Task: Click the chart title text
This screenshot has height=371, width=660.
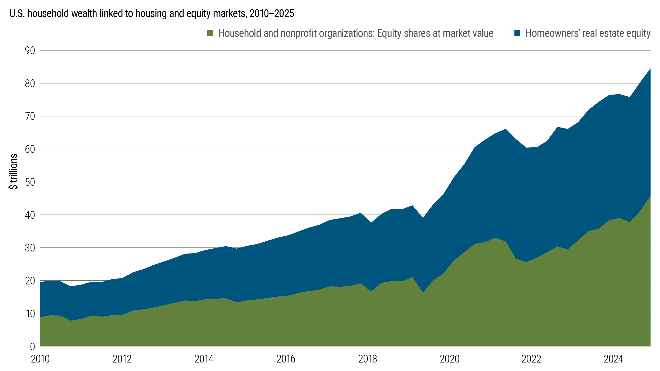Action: click(152, 13)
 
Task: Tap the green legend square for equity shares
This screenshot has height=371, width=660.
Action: click(210, 33)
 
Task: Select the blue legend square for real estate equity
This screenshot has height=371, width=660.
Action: click(517, 33)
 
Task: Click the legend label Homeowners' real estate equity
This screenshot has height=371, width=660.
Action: click(588, 33)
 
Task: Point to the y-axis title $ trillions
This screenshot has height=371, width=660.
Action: click(13, 172)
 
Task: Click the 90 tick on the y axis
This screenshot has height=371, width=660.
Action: click(30, 50)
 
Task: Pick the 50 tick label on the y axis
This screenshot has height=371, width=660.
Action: click(30, 182)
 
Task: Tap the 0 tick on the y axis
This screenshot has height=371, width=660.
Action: click(32, 347)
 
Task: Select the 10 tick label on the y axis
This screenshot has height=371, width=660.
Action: click(30, 314)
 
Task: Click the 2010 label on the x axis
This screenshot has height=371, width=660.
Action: click(40, 359)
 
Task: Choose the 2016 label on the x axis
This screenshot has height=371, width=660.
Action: click(286, 359)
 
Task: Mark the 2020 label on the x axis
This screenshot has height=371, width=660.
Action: click(449, 359)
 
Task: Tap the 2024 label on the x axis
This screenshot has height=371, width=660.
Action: click(613, 359)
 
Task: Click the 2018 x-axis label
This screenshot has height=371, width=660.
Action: click(368, 359)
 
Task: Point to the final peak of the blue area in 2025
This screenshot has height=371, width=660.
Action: click(650, 69)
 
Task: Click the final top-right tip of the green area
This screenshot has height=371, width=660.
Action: click(650, 196)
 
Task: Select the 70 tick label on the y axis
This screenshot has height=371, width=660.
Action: click(30, 116)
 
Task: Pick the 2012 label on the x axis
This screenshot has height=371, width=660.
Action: click(122, 359)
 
